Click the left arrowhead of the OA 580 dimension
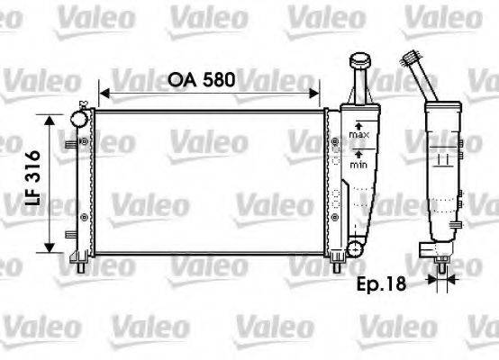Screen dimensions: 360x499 [104, 92]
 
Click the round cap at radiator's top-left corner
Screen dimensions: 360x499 [79, 117]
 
